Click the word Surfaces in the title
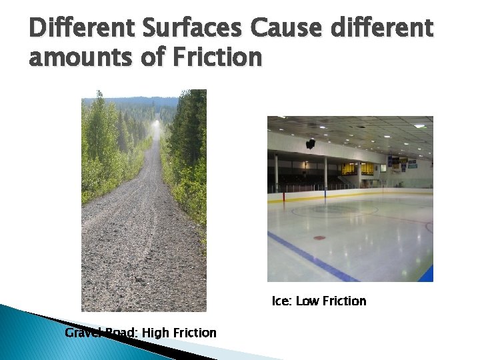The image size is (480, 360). click(x=179, y=29)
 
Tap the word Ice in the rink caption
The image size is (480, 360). click(x=281, y=301)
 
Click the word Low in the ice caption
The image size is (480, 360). click(x=307, y=301)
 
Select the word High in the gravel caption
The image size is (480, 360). click(x=156, y=332)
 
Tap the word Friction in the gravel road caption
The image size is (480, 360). click(x=195, y=332)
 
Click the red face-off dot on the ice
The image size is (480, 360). click(x=320, y=237)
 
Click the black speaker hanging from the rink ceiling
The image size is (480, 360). click(x=311, y=143)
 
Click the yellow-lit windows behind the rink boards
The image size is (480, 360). click(x=357, y=170)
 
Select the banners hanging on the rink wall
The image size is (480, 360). click(x=400, y=162)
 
